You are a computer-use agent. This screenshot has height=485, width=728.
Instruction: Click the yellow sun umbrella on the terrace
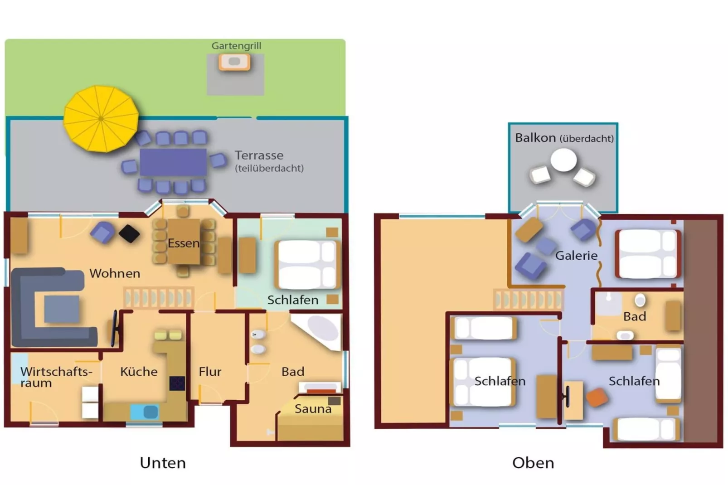point(101,119)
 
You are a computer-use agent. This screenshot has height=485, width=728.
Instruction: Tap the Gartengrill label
point(236,46)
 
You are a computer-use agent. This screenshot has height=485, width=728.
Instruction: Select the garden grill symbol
point(234,62)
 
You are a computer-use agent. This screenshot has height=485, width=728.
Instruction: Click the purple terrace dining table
point(173,162)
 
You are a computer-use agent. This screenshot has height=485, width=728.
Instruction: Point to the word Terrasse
point(259,155)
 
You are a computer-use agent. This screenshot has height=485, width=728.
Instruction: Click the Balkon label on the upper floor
point(535,138)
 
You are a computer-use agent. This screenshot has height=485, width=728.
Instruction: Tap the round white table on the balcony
point(563,160)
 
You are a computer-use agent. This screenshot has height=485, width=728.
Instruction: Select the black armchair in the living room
point(129,233)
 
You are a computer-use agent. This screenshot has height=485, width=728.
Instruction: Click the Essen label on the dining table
point(183,243)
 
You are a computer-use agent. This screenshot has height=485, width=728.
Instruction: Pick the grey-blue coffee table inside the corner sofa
point(62,309)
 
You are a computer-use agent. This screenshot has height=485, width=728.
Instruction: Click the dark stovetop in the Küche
point(177,383)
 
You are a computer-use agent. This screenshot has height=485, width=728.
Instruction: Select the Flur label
point(210,372)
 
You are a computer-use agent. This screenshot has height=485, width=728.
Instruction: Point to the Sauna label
point(313,409)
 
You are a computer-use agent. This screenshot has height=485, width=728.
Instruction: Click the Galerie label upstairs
point(576,256)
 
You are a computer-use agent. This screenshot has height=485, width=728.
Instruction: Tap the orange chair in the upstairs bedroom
point(597,398)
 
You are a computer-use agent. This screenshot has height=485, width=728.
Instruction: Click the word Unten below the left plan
point(163,463)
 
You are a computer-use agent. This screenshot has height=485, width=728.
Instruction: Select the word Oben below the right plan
point(533,463)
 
